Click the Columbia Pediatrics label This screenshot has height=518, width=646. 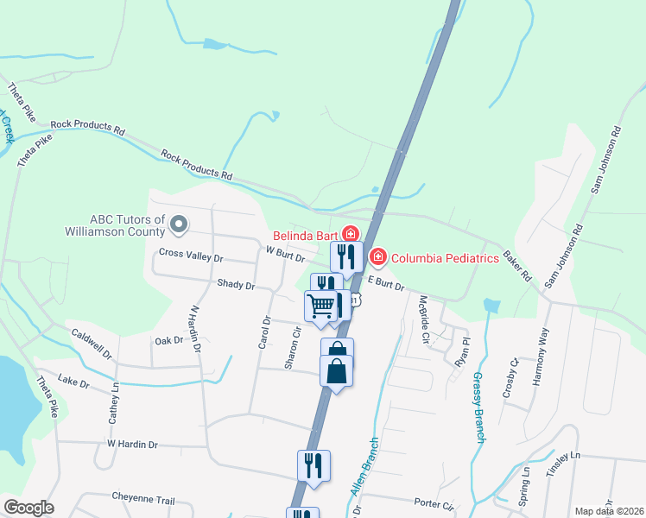click(446, 257)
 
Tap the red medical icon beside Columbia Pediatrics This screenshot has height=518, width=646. click(377, 257)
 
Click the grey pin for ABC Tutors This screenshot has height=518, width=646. click(179, 224)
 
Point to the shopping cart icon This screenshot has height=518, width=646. click(320, 305)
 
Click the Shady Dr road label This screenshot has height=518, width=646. click(236, 284)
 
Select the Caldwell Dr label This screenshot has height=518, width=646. click(92, 344)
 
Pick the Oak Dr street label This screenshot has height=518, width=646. click(168, 340)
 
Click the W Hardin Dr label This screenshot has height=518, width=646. click(132, 444)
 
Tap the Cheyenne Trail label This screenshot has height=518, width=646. click(143, 499)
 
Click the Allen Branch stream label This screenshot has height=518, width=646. click(364, 467)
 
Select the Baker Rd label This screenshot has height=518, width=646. click(517, 266)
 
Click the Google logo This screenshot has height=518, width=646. click(28, 508)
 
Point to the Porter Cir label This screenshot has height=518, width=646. click(434, 502)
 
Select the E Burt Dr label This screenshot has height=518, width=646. click(386, 283)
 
